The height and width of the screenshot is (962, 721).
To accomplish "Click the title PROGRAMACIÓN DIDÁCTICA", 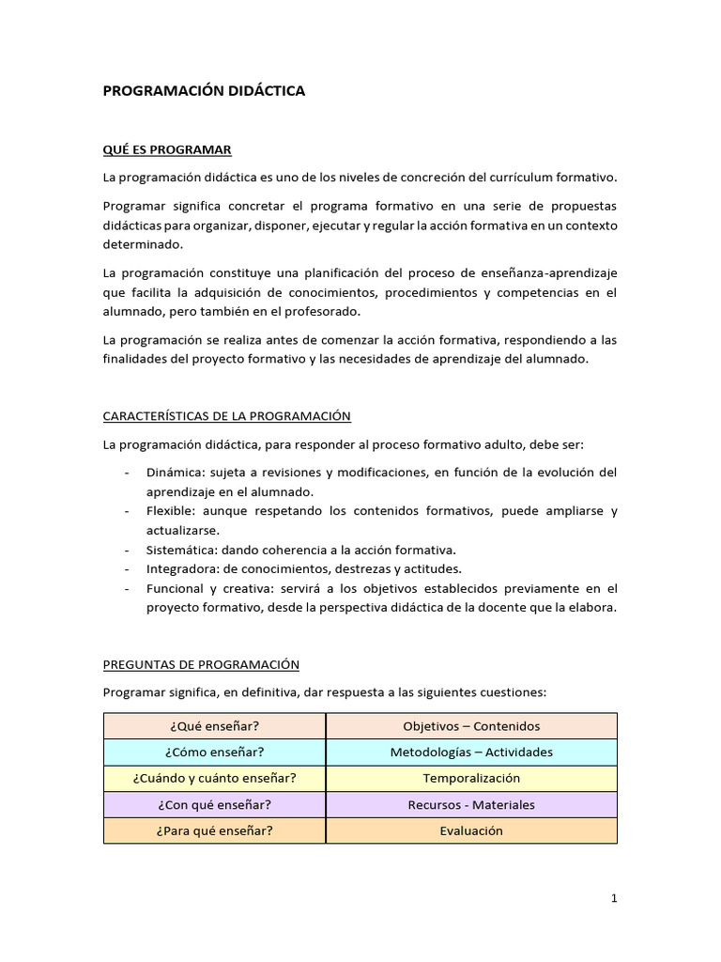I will [204, 91].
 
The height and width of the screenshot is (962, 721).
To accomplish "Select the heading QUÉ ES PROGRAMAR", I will [167, 149].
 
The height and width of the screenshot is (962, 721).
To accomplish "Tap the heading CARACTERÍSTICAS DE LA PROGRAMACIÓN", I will [226, 415].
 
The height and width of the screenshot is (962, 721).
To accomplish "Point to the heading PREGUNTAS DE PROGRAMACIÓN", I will [201, 664].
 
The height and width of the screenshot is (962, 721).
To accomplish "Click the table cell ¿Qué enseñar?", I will [215, 726].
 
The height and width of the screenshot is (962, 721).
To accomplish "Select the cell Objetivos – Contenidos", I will [471, 726].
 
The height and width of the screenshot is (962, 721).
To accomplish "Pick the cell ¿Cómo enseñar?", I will [215, 753].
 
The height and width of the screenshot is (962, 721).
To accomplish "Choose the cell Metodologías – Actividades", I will [471, 753].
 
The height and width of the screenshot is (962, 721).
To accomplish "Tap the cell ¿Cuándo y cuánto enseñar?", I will [215, 779].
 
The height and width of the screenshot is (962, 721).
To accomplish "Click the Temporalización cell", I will [471, 779].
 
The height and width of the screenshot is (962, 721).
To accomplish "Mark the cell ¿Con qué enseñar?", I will [215, 805].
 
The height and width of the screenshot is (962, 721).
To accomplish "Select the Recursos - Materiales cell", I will [471, 805].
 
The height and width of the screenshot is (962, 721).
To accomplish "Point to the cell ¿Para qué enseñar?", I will [215, 831].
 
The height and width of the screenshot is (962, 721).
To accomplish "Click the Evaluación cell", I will [471, 831].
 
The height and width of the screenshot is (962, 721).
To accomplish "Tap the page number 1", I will [614, 899].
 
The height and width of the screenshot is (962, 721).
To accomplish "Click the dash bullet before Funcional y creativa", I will [127, 589].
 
